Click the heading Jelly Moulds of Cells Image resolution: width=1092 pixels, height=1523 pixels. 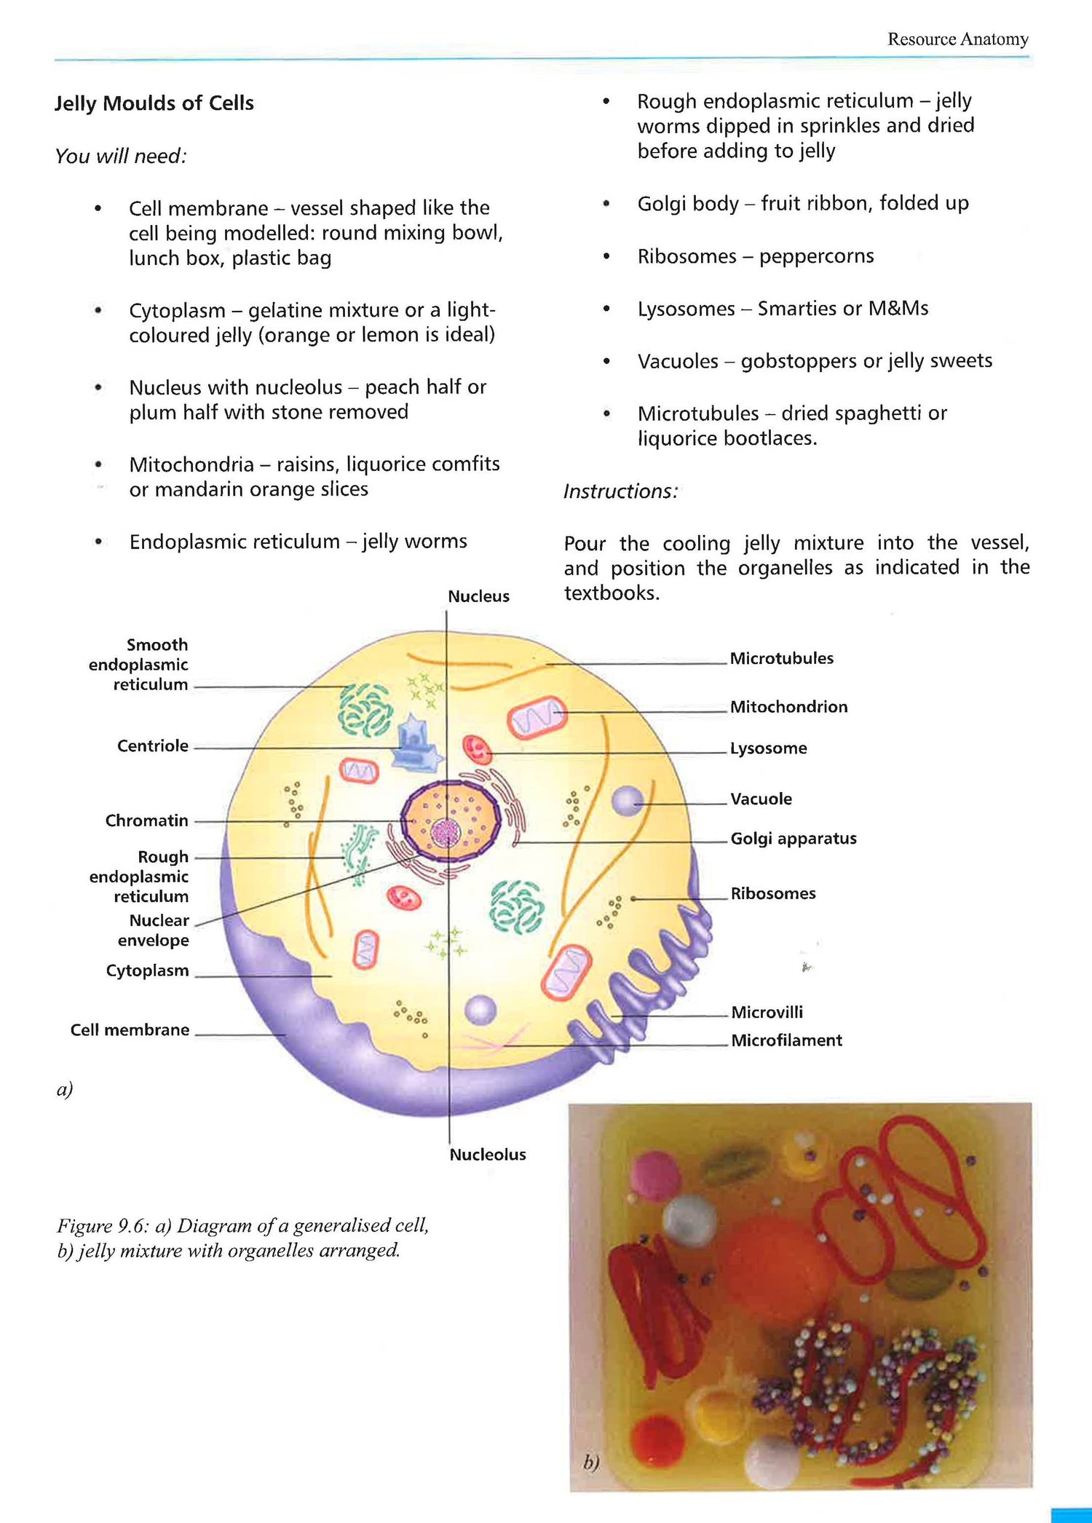point(154,103)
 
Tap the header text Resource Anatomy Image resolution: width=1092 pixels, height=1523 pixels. point(957,39)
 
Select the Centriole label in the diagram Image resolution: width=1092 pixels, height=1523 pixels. point(153,746)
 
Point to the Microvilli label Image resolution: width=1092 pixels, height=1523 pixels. point(767,1012)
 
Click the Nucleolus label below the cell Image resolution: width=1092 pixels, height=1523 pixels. point(487,1155)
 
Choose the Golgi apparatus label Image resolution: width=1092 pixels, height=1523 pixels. point(793,839)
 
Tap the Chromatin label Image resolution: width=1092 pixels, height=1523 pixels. point(146,820)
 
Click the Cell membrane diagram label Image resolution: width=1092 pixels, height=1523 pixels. point(130,1030)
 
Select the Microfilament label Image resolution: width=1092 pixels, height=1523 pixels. point(786,1040)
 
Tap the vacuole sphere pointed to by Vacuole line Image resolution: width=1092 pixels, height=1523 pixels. point(627,802)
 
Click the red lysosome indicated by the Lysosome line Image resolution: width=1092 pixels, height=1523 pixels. point(478,750)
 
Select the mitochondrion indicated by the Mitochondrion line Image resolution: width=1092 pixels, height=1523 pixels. point(537,716)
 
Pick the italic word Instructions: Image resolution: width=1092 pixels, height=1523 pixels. point(620,491)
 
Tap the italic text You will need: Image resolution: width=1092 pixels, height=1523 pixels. point(121,157)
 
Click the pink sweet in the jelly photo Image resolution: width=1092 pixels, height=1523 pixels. point(655,1172)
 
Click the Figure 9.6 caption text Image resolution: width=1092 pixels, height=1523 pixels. point(242,1238)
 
